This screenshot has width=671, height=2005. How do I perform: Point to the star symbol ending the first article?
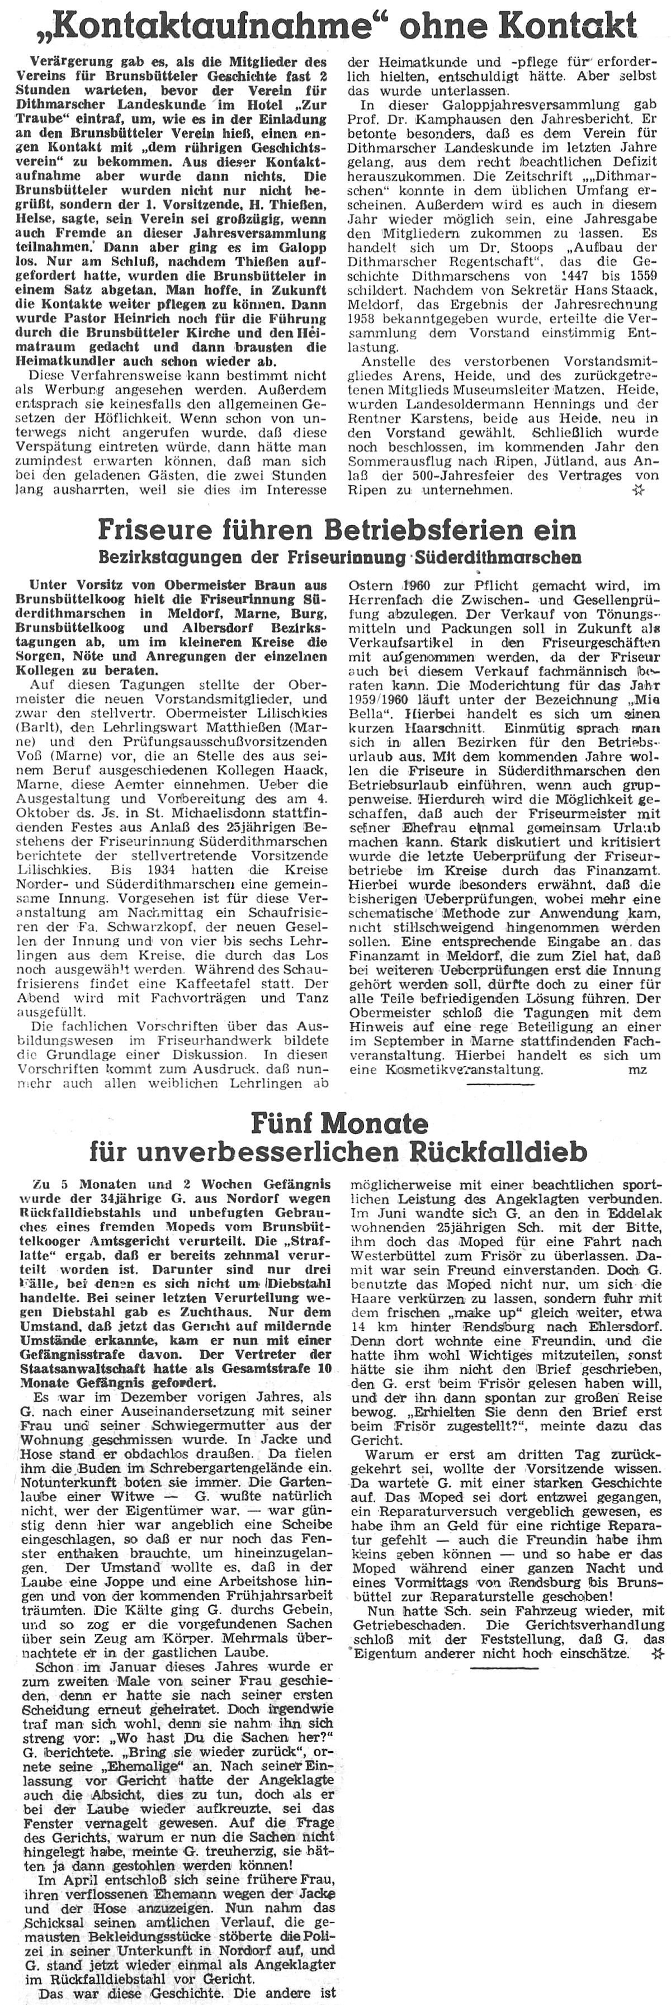[x=637, y=490]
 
